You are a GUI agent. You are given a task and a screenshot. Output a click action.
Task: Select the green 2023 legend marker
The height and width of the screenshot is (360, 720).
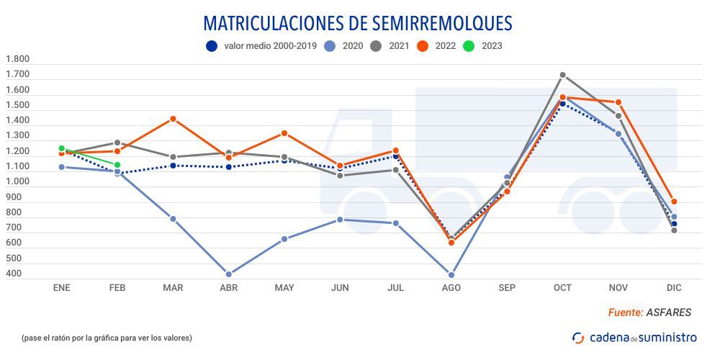click(468, 46)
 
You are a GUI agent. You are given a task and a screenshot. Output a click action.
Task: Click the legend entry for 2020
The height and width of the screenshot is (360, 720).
click(341, 46)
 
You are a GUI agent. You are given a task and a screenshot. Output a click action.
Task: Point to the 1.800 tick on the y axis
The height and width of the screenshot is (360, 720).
click(17, 59)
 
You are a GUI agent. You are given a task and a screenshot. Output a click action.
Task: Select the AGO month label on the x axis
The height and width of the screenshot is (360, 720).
click(451, 288)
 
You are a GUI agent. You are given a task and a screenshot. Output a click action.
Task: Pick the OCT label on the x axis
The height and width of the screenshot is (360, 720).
click(562, 288)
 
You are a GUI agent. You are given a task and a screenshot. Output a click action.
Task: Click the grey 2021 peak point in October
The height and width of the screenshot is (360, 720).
click(563, 75)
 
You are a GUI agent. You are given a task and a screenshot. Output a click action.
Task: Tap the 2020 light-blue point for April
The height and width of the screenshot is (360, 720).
click(229, 274)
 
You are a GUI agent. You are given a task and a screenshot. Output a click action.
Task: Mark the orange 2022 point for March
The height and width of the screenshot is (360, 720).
click(173, 119)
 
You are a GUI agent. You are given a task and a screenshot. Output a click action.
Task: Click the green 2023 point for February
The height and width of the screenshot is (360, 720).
click(117, 165)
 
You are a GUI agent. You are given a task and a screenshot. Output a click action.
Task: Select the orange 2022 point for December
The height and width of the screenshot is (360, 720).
click(674, 202)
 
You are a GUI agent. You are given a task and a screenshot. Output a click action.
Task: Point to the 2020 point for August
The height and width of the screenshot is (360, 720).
click(451, 275)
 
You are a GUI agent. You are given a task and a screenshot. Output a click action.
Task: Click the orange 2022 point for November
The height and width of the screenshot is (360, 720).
click(618, 102)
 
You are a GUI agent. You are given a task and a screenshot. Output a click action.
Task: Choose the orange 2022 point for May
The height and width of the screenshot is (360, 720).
click(284, 133)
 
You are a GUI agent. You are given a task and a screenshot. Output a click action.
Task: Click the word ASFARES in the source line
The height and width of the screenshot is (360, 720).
click(668, 312)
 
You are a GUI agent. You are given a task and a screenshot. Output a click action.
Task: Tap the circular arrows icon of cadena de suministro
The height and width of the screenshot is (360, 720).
click(578, 337)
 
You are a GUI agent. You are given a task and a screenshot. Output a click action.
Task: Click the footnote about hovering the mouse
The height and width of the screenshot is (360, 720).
click(107, 337)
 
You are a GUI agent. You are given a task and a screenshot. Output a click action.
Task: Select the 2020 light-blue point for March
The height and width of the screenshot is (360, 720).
click(173, 219)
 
